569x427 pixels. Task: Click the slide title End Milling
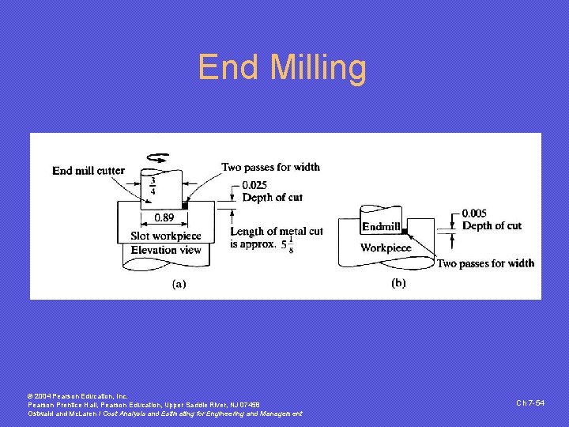(282, 68)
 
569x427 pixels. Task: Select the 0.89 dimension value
(164, 217)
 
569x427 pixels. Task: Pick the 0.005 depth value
(474, 213)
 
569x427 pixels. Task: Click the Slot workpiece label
(165, 236)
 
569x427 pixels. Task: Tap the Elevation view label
(165, 251)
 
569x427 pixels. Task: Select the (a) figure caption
(179, 284)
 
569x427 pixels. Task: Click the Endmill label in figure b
(381, 227)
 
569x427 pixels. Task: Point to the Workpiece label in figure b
(386, 248)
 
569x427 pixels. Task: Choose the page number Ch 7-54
(530, 403)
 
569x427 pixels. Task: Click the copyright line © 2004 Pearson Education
(67, 395)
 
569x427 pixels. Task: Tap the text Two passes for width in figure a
(270, 167)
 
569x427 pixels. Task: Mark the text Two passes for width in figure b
(485, 263)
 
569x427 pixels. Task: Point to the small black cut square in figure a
(184, 206)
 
